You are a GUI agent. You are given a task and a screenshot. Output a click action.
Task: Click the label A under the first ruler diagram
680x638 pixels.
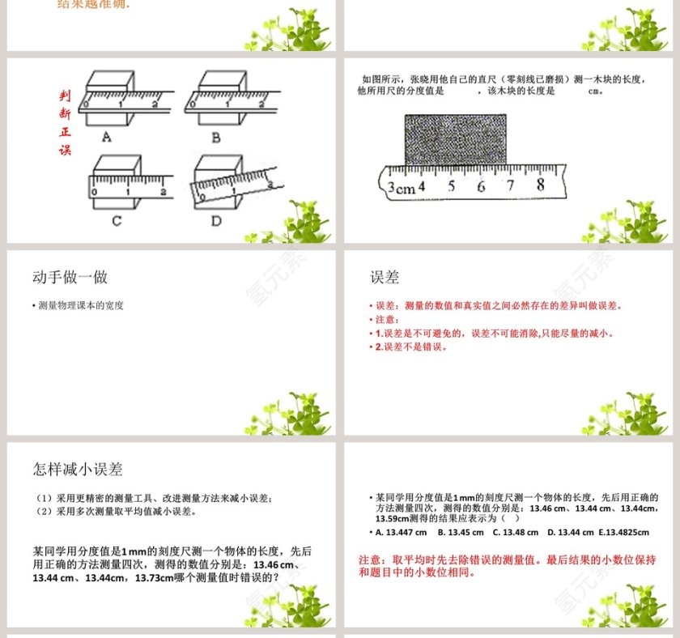pyautogui.click(x=106, y=138)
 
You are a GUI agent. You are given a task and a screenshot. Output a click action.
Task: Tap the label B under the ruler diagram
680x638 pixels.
pyautogui.click(x=215, y=138)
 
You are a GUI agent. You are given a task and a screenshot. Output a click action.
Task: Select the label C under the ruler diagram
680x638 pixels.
pyautogui.click(x=117, y=220)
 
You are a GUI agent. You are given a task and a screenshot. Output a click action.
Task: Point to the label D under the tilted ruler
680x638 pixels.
pyautogui.click(x=216, y=221)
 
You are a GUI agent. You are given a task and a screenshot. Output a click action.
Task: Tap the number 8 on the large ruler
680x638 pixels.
pyautogui.click(x=540, y=184)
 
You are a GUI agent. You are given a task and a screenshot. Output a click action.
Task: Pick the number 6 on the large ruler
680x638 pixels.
pyautogui.click(x=481, y=186)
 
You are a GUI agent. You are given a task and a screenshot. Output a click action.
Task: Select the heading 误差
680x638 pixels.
pyautogui.click(x=385, y=277)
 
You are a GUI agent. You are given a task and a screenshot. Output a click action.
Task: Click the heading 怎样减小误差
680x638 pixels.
pyautogui.click(x=78, y=470)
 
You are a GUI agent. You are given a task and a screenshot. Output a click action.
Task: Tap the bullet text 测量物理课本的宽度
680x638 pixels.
pyautogui.click(x=81, y=306)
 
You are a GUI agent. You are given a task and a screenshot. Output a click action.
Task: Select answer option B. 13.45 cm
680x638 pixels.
pyautogui.click(x=461, y=532)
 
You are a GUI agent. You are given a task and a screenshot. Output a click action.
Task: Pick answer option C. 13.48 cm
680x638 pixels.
pyautogui.click(x=515, y=532)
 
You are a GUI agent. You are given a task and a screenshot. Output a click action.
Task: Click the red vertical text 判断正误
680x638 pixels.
pyautogui.click(x=65, y=122)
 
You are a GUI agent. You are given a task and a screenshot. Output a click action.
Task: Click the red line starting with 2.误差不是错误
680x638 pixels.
pyautogui.click(x=411, y=347)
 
